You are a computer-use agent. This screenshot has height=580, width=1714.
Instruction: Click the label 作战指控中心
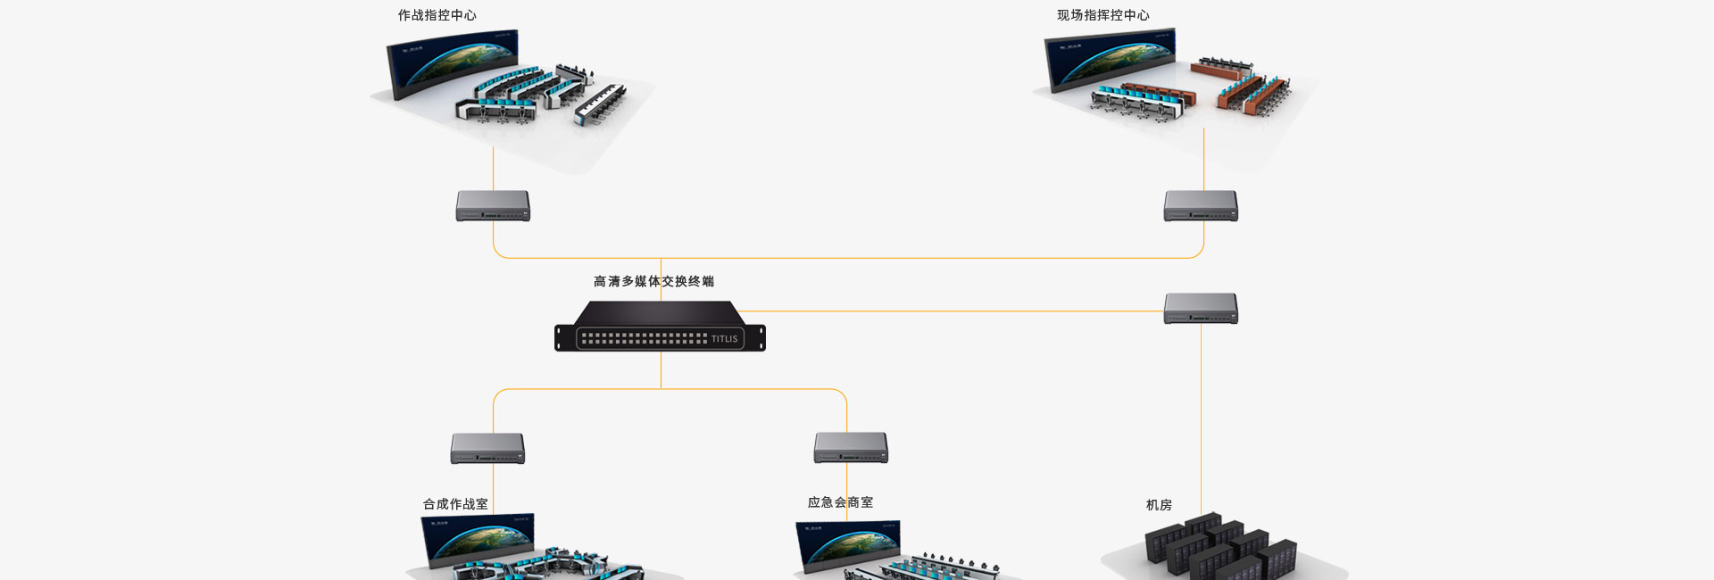coord(437,15)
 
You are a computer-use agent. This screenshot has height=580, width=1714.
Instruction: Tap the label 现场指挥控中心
coord(1102,15)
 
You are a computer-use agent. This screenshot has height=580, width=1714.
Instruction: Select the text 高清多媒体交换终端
coord(653,281)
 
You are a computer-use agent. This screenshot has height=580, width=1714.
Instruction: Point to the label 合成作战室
coord(455,504)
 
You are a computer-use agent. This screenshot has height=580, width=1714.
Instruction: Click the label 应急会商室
coord(840,502)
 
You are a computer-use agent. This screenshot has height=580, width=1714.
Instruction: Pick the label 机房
coord(1159,505)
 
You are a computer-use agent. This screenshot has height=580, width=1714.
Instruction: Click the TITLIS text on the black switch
coord(724,339)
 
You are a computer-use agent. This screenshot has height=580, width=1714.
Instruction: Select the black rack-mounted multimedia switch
coord(660,327)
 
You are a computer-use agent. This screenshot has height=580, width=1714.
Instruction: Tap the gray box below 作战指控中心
coord(493,205)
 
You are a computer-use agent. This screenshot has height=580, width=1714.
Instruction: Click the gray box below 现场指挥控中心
coord(1201,205)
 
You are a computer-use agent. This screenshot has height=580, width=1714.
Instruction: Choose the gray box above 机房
coord(1201,308)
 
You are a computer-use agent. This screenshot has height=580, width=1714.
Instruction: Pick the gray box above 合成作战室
coord(487,448)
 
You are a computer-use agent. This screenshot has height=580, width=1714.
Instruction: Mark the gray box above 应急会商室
coord(851,448)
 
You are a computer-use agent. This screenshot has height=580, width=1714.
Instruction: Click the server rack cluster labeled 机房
coord(1219,544)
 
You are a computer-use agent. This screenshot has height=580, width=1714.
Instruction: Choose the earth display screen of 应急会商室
coord(848,544)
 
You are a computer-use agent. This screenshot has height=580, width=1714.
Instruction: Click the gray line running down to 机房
coord(1201,419)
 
